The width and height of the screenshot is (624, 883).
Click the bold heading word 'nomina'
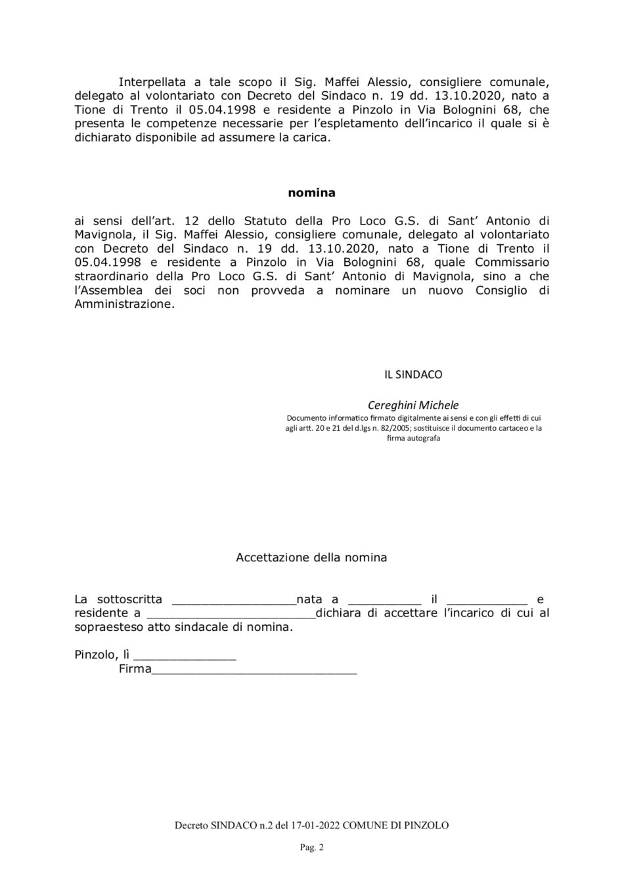tap(311, 193)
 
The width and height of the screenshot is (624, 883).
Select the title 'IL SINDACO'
tap(413, 374)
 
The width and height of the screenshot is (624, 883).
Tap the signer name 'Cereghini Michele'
tap(413, 405)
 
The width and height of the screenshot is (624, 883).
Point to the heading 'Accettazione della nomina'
tap(311, 557)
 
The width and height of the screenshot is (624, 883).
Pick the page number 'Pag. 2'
tap(312, 848)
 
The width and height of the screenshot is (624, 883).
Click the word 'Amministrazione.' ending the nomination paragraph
tap(125, 305)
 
